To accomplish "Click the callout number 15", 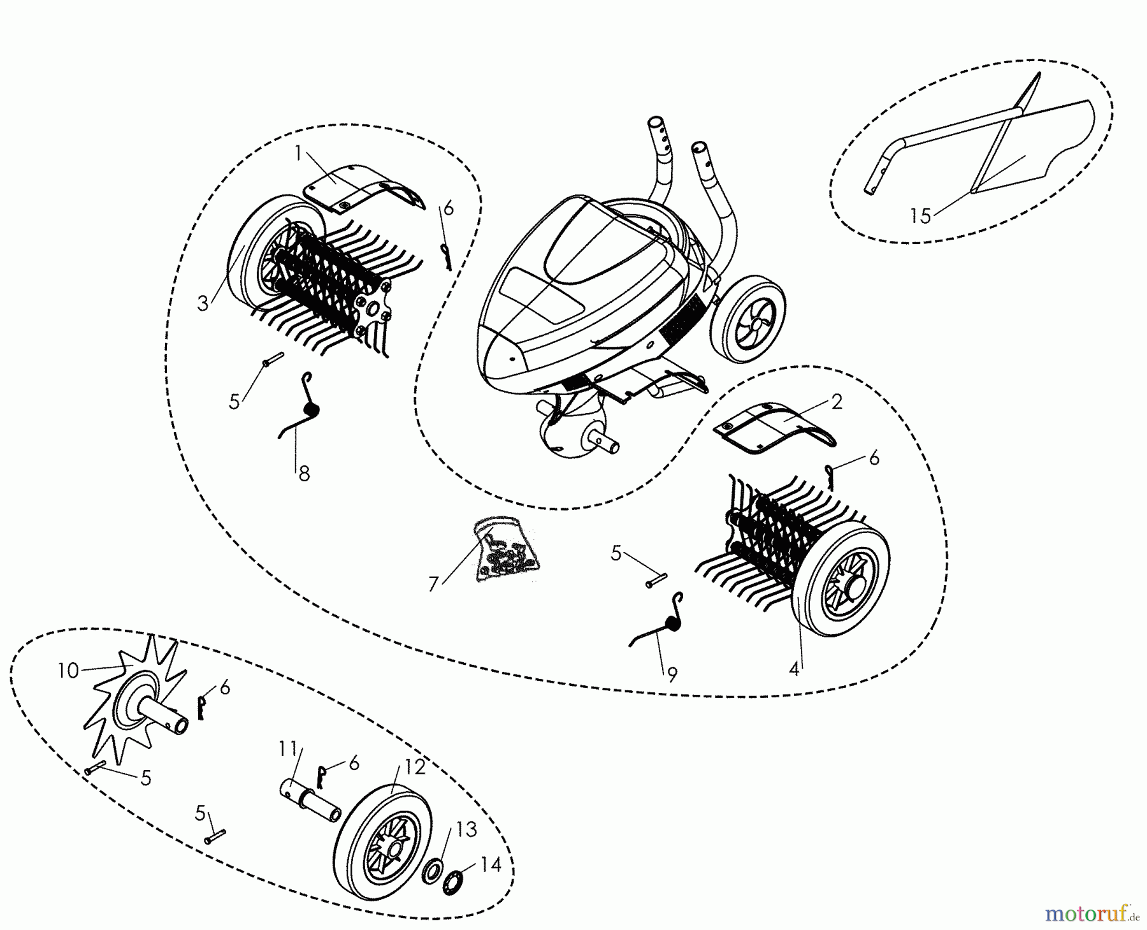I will tap(920, 216).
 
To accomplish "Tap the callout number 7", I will tap(434, 584).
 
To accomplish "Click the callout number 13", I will tap(466, 830).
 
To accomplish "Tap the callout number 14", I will tap(491, 864).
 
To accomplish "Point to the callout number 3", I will tap(203, 303).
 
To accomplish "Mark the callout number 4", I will tap(793, 669).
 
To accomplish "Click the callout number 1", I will tap(298, 153).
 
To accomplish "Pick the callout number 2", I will tap(836, 402).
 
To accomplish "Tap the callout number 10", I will tap(68, 671).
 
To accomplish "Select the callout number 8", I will tap(304, 474).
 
